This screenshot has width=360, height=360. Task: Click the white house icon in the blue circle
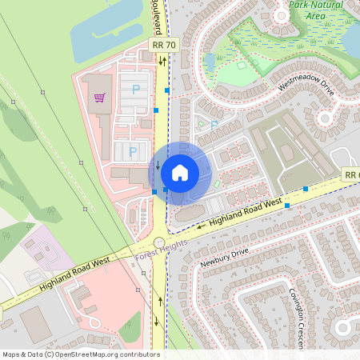click(180, 172)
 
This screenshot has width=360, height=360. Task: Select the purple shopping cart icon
click(100, 98)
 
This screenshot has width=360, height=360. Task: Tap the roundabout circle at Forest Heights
click(159, 242)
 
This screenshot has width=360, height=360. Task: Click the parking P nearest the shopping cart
click(135, 90)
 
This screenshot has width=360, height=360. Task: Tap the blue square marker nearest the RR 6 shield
click(306, 189)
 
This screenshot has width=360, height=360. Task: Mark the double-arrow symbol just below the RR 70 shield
click(162, 61)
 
